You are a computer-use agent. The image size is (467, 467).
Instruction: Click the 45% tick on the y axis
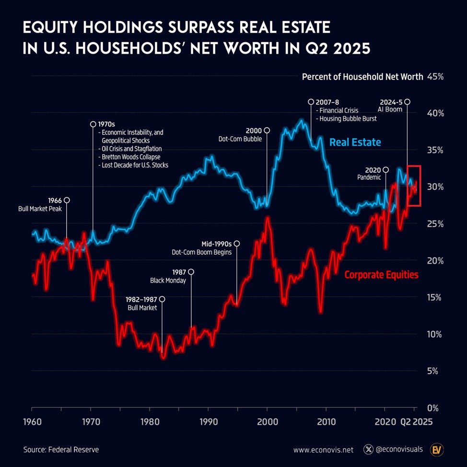pos(435,77)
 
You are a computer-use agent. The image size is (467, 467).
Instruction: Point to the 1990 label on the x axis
pos(208,423)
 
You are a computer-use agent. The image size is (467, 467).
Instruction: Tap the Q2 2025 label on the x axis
pos(416,423)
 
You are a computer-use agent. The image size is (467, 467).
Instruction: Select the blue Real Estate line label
pos(355,142)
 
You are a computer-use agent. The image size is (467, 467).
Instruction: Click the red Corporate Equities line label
pos(381,275)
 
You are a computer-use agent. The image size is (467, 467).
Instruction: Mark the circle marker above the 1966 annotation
pos(67,200)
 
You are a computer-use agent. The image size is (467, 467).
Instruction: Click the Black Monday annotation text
pos(168,280)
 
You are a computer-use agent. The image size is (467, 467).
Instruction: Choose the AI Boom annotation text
pos(390,110)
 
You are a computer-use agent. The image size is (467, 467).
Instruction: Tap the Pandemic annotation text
pos(369,177)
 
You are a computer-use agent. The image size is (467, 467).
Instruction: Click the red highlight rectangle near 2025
pos(414,186)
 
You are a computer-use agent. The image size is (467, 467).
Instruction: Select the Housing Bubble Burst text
pos(347,119)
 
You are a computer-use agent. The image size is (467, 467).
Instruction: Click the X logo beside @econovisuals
pos(368,450)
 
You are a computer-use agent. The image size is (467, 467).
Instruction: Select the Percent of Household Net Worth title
pos(362,77)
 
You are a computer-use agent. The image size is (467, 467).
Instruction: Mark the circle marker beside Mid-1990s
pos(236,244)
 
